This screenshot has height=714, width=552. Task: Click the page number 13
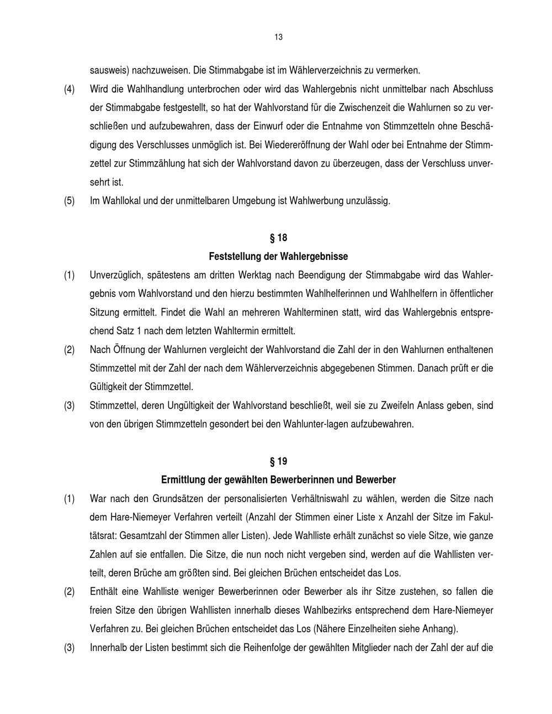click(x=278, y=38)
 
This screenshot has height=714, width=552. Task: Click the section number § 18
click(x=278, y=238)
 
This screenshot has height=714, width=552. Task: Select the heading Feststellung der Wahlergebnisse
click(x=278, y=257)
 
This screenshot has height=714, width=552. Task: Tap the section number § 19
click(x=278, y=461)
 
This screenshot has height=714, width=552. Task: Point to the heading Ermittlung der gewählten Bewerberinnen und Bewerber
click(x=278, y=480)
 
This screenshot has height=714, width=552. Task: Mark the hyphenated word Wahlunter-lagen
click(x=316, y=424)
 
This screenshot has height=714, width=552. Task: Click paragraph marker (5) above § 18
click(x=69, y=201)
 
